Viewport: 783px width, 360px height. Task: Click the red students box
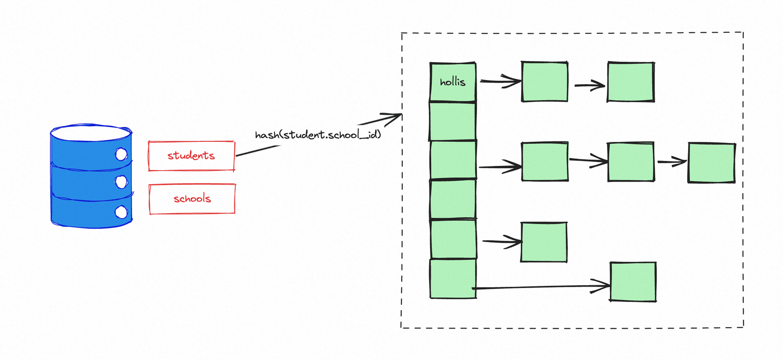coord(191,156)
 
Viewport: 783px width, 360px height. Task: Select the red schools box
coord(192,199)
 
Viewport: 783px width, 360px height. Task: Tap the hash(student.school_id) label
coord(318,135)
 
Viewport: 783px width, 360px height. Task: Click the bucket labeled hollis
coord(453,82)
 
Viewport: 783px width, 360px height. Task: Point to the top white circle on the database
coord(121,154)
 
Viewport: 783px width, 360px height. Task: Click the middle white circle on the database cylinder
coord(121,182)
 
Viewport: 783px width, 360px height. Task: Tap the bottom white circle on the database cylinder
coord(121,212)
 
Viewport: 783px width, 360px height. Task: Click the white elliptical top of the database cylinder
coord(91,133)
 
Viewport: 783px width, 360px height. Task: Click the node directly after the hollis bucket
coord(545,82)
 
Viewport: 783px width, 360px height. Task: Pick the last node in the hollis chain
coord(631,82)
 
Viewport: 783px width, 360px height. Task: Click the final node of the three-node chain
coord(712,162)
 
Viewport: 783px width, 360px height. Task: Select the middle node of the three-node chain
coord(631,162)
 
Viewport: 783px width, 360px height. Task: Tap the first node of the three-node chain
coord(545,161)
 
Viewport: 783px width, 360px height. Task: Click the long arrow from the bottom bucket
coord(541,287)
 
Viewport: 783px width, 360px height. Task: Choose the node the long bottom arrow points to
coord(633,282)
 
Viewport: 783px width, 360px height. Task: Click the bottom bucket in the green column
coord(453,279)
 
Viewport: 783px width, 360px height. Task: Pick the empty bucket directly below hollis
coord(452,121)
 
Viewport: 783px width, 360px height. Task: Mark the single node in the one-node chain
coord(544,242)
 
